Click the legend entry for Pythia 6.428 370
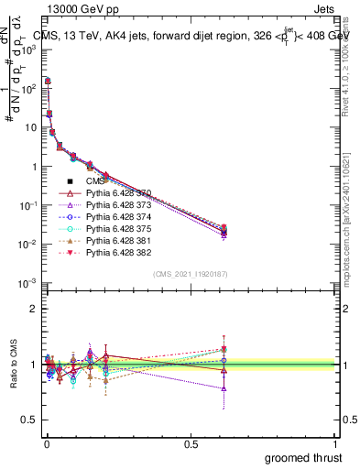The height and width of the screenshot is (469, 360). pos(114,194)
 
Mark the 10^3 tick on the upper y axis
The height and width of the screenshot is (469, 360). pos(29,49)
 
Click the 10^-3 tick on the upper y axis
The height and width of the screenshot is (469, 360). pos(29,283)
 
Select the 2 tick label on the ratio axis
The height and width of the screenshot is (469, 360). pos(33,309)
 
